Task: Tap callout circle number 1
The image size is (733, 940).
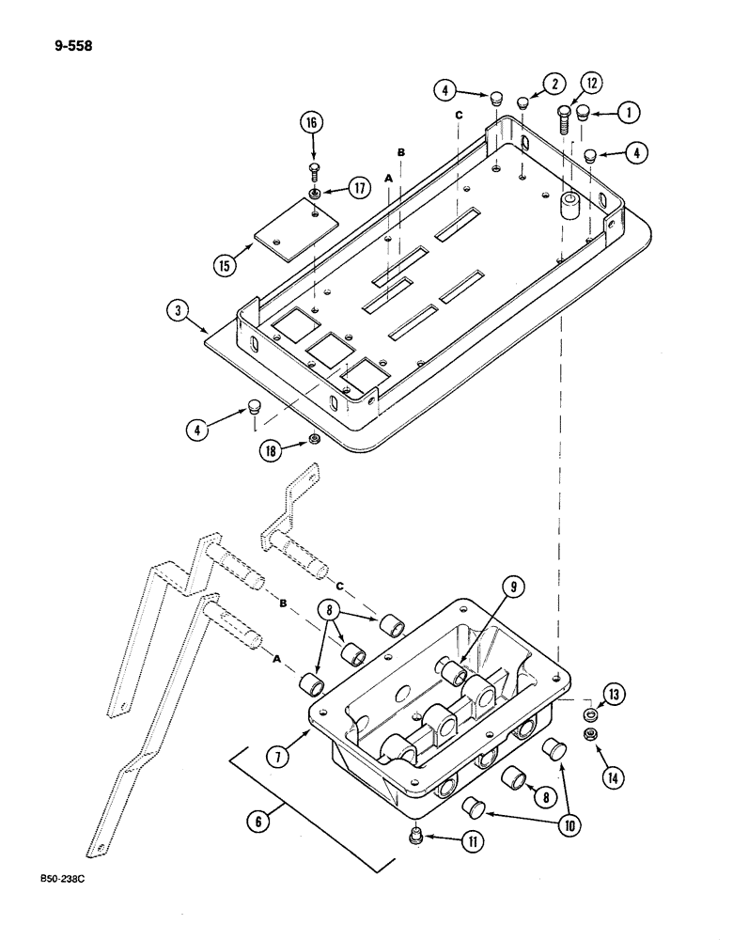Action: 628,112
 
